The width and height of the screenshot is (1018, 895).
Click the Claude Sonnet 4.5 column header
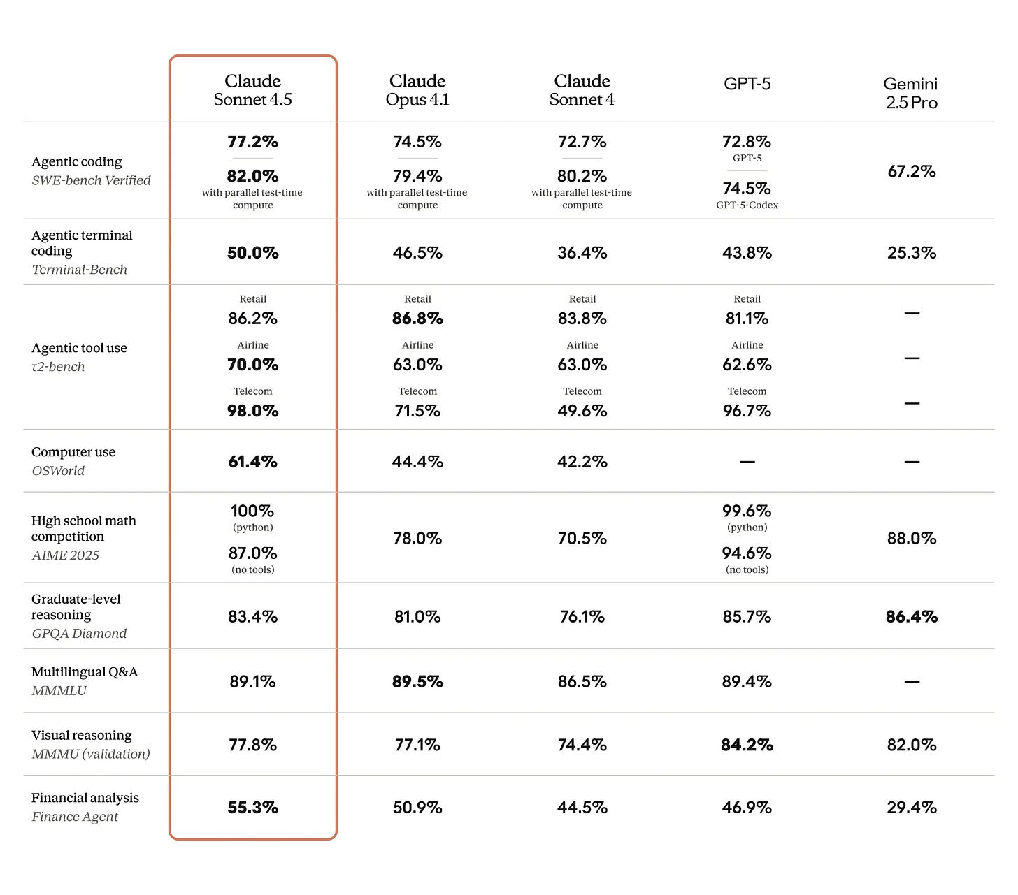[x=252, y=90]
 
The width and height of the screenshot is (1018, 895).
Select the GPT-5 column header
[x=747, y=84]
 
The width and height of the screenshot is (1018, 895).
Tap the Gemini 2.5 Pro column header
[x=911, y=93]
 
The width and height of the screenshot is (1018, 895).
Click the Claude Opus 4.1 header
[x=417, y=90]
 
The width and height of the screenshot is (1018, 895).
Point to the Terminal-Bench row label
[x=80, y=270]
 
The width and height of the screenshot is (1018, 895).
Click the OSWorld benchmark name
[x=58, y=471]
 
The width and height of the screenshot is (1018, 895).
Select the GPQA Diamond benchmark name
[x=79, y=634]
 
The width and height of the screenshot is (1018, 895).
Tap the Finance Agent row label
[x=75, y=817]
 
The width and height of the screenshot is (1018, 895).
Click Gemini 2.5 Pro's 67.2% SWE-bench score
[x=911, y=171]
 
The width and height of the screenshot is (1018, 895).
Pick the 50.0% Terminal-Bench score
[x=252, y=253]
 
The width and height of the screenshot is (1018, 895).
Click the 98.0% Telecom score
[x=252, y=411]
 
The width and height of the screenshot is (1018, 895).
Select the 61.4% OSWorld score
[x=252, y=462]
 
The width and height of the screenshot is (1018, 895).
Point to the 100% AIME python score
[x=252, y=511]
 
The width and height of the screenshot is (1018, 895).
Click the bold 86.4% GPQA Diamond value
[x=911, y=617]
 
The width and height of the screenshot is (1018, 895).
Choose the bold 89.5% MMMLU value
[x=417, y=682]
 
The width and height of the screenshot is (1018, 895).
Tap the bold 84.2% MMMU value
[x=747, y=745]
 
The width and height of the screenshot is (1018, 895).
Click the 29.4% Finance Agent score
[x=911, y=808]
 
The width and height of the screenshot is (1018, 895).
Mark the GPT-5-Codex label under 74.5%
[x=747, y=205]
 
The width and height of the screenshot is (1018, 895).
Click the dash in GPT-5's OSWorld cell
[x=747, y=462]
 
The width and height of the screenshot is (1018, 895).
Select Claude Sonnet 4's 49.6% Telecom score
[x=582, y=411]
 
